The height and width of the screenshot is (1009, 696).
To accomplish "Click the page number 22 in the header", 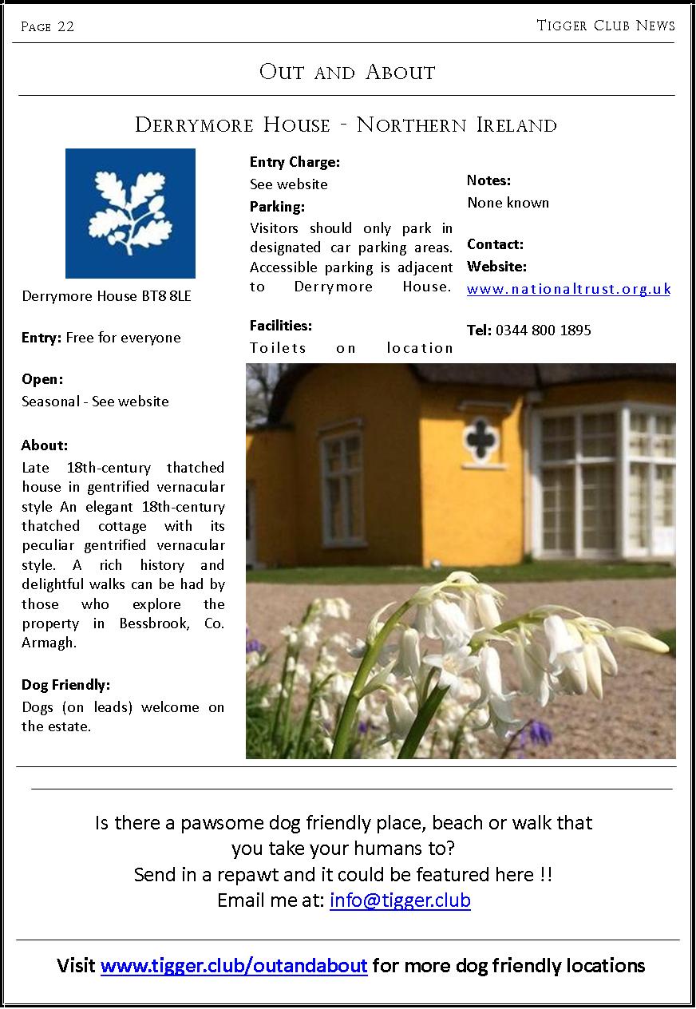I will coord(65,26).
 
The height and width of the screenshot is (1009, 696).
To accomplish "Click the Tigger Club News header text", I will coord(605,26).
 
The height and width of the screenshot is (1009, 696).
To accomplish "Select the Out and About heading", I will coord(347,72).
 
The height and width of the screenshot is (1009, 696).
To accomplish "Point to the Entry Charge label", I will coord(295,162).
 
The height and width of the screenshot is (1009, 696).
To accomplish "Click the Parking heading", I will coord(277,207).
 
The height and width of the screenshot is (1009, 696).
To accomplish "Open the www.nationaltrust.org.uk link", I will coord(568,289).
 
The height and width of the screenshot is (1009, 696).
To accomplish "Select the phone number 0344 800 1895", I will coord(543,330).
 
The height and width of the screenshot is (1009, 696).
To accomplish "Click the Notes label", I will coord(488,180).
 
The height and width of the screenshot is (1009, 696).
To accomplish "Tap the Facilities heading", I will coord(281,326).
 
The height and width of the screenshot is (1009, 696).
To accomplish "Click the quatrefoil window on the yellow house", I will coord(480,437).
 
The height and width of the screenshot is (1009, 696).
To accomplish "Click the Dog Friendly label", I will coord(65,685).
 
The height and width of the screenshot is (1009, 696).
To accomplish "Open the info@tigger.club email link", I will coord(400,900).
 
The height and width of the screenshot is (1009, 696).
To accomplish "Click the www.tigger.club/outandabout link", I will coord(234,966).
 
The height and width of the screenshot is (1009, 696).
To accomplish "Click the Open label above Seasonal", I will coord(42,379).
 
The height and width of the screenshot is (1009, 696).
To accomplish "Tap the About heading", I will coord(45,445).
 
